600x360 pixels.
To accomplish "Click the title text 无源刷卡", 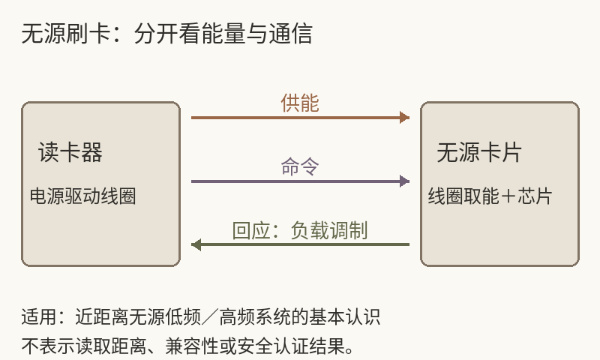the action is coord(66,33).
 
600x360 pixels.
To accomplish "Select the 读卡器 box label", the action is coord(70,152).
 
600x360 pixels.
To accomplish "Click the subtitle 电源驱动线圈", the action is coord(83,196).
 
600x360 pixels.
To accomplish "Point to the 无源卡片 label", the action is coord(479,152).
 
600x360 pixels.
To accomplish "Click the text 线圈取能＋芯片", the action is coord(490,196).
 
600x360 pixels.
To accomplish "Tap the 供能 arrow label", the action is coord(300,103).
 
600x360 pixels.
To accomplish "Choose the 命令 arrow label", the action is coord(300,166).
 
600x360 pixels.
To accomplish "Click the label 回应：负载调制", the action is coord(300,230).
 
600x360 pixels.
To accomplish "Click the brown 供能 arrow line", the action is coord(301,118).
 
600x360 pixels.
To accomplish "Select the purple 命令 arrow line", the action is coord(301,181).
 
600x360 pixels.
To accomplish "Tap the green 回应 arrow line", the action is coord(301,244).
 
